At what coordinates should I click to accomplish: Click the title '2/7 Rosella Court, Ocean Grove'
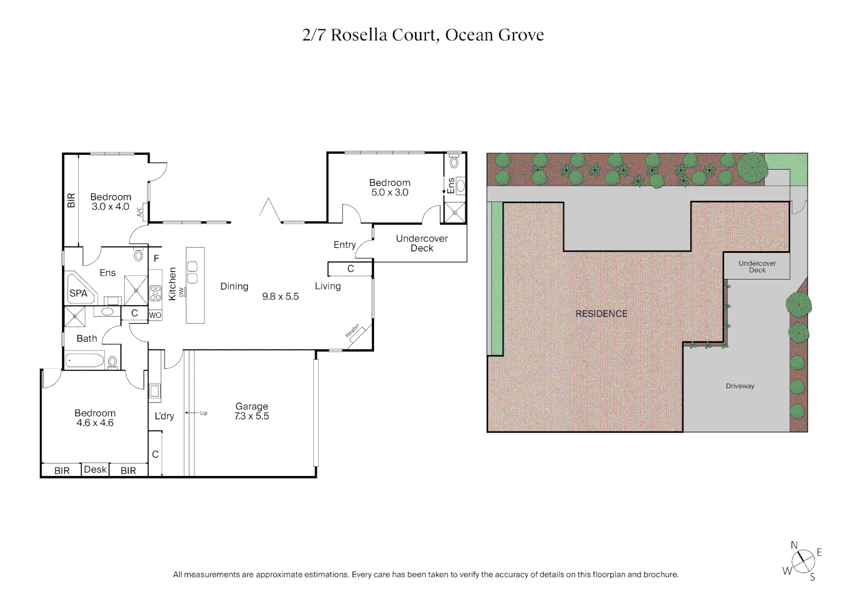pyautogui.click(x=423, y=35)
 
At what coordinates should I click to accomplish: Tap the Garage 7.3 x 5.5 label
pyautogui.click(x=252, y=411)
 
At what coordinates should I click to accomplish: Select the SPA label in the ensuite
pyautogui.click(x=78, y=293)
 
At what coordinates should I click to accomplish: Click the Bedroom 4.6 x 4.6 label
pyautogui.click(x=95, y=418)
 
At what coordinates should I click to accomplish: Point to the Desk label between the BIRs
pyautogui.click(x=95, y=469)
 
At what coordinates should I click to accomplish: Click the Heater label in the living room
pyautogui.click(x=353, y=331)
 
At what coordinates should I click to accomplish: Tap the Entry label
pyautogui.click(x=344, y=245)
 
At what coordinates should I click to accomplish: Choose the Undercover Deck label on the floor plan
pyautogui.click(x=421, y=243)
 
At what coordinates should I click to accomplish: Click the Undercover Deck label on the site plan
pyautogui.click(x=757, y=266)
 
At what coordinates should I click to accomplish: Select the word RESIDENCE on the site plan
pyautogui.click(x=601, y=314)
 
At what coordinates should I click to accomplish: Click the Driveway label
pyautogui.click(x=740, y=386)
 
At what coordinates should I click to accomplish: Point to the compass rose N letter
pyautogui.click(x=794, y=545)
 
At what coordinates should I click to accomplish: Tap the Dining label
pyautogui.click(x=234, y=286)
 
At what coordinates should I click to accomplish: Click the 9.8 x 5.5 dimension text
pyautogui.click(x=280, y=296)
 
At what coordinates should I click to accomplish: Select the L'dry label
pyautogui.click(x=164, y=416)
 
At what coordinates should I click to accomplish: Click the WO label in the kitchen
pyautogui.click(x=155, y=315)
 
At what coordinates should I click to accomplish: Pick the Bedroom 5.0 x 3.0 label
pyautogui.click(x=390, y=187)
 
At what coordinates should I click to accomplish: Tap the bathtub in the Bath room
pyautogui.click(x=85, y=361)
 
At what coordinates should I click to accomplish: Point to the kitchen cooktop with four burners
pyautogui.click(x=155, y=292)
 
